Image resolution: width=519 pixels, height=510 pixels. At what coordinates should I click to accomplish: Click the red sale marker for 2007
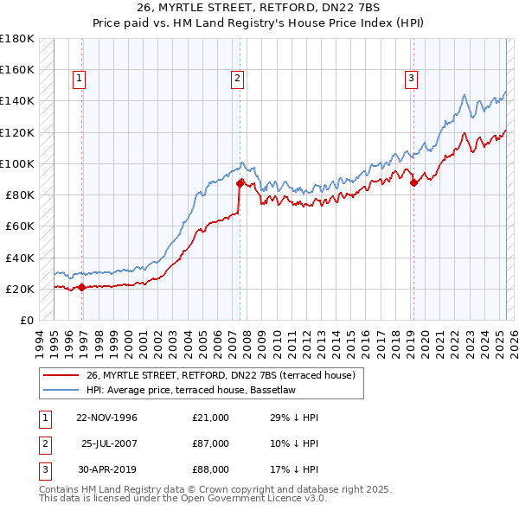240,183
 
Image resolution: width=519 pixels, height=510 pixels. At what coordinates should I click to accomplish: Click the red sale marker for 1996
81,288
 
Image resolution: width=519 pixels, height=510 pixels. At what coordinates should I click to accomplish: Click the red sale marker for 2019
413,182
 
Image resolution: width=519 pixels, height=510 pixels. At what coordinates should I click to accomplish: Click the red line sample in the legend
61,375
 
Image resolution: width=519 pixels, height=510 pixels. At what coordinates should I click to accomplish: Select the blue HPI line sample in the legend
61,390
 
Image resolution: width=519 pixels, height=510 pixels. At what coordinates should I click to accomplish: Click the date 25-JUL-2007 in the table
110,443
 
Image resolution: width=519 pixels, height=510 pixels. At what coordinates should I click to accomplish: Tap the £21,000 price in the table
210,418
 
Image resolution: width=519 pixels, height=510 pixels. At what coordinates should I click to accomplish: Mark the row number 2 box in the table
43,443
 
